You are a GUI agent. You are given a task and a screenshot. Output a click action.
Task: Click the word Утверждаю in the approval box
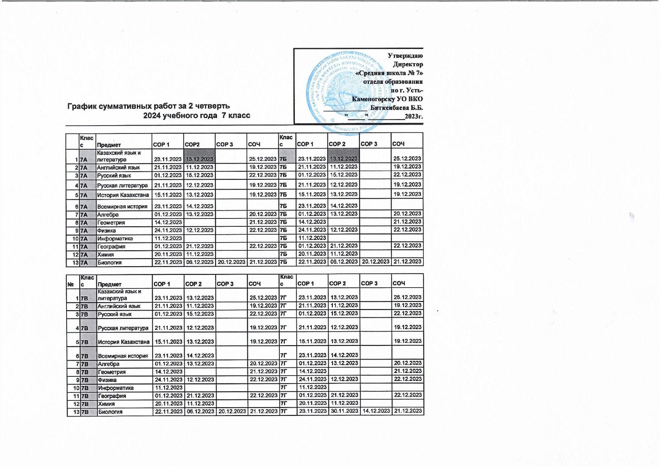tap(405, 56)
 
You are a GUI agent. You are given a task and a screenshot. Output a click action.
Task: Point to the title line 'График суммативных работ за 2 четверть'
tap(149, 106)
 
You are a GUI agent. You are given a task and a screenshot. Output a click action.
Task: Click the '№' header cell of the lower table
tap(71, 284)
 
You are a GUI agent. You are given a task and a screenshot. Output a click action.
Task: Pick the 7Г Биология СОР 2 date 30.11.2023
tap(344, 411)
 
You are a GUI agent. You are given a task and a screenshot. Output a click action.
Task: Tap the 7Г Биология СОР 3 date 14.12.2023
tap(376, 411)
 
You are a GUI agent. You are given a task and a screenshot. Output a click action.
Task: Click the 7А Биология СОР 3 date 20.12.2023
tap(231, 262)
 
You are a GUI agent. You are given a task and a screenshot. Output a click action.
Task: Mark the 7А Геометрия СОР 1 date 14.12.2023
tap(168, 222)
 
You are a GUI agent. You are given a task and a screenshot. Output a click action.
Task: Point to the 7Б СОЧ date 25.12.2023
tap(407, 159)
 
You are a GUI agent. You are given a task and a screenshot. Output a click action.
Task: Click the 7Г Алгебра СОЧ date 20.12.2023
tap(407, 363)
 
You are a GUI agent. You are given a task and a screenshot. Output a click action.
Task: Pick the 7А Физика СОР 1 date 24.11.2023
tap(168, 230)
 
